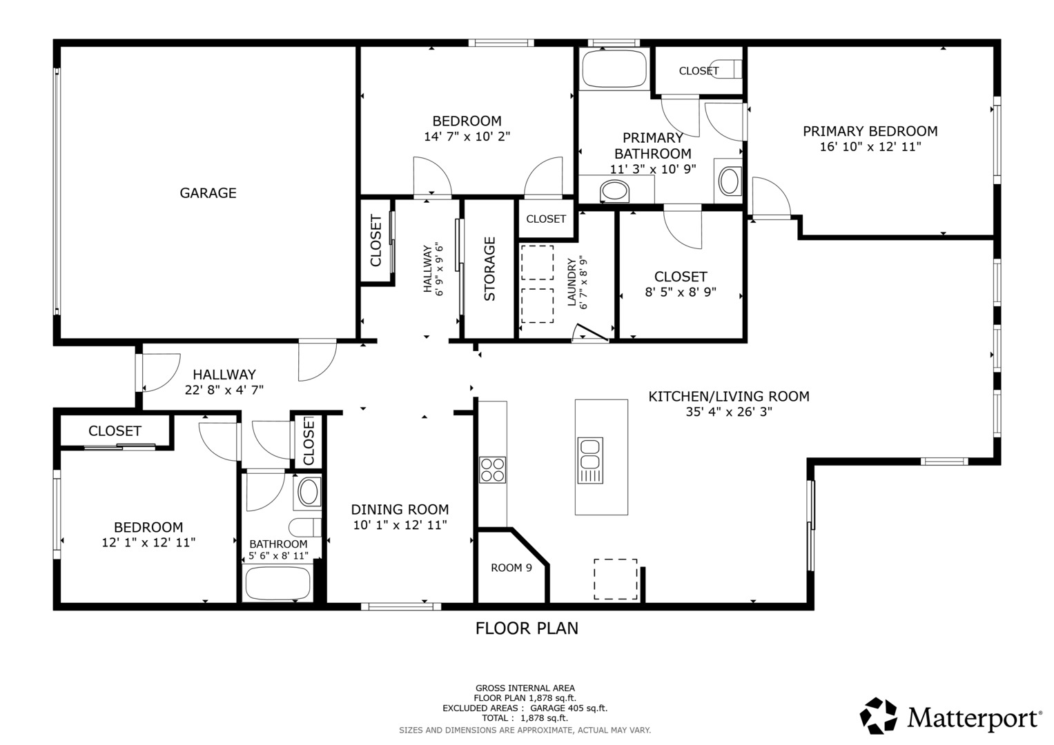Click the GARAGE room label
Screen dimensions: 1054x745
208,193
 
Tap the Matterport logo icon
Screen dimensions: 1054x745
878,715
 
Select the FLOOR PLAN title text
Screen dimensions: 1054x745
527,628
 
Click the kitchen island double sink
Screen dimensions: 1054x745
590,461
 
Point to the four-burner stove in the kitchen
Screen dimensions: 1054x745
492,470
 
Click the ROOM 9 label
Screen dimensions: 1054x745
511,568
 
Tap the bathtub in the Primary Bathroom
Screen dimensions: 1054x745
614,69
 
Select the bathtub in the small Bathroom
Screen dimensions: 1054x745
277,583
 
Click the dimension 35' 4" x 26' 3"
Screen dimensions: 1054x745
729,412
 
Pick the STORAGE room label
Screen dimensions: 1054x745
490,269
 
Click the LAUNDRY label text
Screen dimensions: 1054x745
572,281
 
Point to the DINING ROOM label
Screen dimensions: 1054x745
400,509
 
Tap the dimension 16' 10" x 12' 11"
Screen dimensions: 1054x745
870,147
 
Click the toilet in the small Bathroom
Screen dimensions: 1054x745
305,527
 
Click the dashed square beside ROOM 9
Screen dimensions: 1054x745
616,579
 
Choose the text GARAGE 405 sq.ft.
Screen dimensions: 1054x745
569,708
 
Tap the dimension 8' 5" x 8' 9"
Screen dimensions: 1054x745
681,292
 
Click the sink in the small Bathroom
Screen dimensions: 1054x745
309,492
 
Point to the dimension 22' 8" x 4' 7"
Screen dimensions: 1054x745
224,390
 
